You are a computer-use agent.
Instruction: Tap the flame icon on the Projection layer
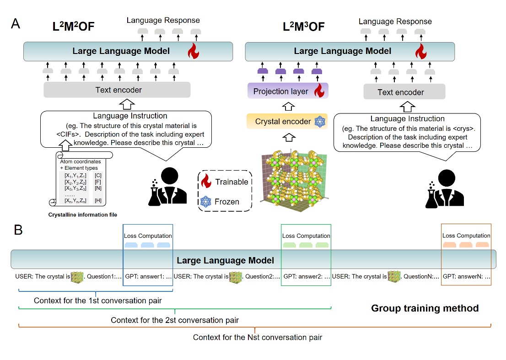pos(319,91)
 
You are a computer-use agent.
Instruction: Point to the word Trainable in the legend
pos(231,182)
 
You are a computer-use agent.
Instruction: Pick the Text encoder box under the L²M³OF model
pos(400,92)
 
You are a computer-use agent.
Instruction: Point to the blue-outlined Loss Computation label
pos(148,236)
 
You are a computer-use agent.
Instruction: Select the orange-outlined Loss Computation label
pos(466,236)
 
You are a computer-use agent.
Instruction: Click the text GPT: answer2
pos(304,277)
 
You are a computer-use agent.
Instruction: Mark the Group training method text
pos(425,308)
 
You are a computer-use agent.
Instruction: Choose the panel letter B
pos(18,230)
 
